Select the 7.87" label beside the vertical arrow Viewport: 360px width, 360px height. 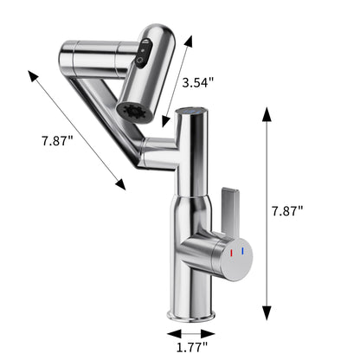pyautogui.click(x=288, y=210)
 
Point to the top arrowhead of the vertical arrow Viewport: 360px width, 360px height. pyautogui.click(x=267, y=113)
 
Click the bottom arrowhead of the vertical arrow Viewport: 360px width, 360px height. pyautogui.click(x=267, y=312)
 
